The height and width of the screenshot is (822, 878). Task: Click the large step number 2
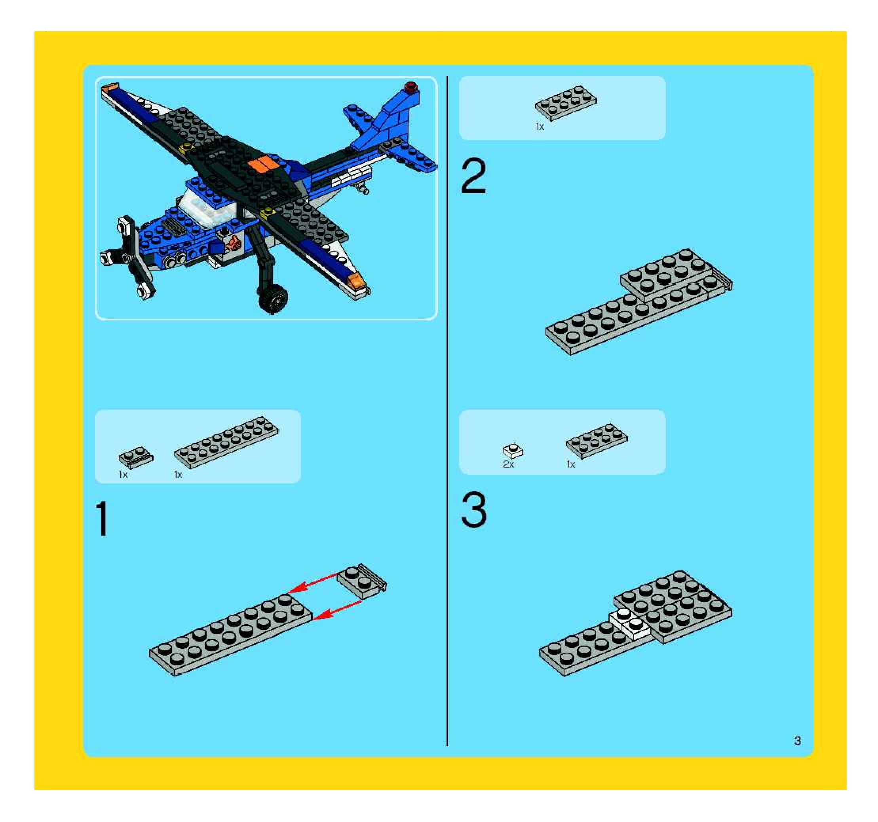[x=473, y=176]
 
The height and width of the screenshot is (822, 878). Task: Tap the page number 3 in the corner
[x=797, y=741]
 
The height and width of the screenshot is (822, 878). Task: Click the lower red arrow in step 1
[x=337, y=610]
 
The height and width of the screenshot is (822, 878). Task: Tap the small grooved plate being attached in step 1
[x=362, y=581]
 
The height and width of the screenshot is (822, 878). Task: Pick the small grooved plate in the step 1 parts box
[x=136, y=457]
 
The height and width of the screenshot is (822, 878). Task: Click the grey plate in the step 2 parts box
[x=566, y=103]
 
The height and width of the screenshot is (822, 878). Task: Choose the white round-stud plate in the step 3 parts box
[x=513, y=450]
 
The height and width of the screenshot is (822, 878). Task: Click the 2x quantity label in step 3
[x=508, y=464]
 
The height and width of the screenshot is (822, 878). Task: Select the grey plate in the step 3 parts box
[x=597, y=441]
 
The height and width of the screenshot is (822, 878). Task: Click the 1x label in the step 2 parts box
[x=540, y=127]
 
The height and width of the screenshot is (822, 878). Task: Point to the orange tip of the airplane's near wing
[x=356, y=279]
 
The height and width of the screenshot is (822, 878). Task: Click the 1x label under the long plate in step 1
[x=178, y=475]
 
